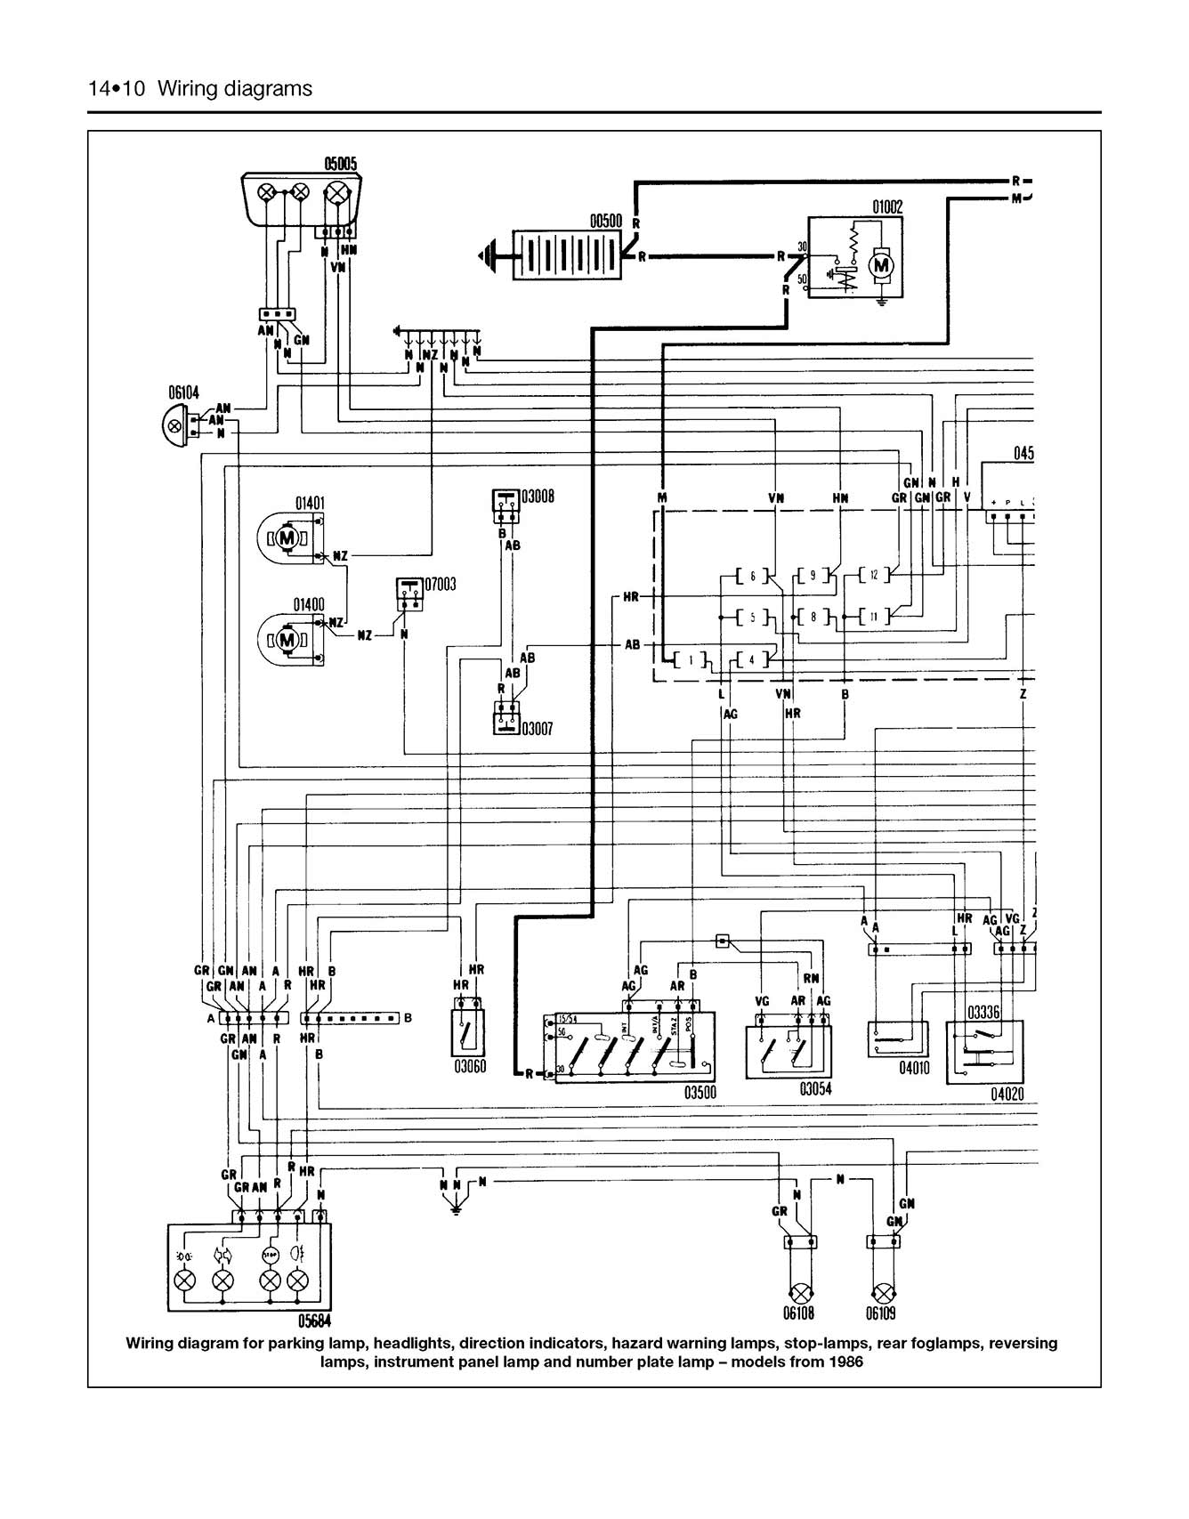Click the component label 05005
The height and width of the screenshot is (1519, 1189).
(x=340, y=164)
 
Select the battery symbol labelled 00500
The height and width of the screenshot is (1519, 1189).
(x=568, y=255)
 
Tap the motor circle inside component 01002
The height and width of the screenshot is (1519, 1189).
(x=881, y=265)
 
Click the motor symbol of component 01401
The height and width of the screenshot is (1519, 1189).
(x=287, y=538)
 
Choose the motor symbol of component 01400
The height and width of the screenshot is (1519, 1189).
(x=287, y=639)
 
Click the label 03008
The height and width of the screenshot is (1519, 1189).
(x=538, y=496)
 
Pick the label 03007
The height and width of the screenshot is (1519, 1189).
(x=537, y=730)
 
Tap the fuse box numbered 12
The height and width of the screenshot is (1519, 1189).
(x=874, y=576)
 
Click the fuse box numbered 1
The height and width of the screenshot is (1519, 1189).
(x=691, y=660)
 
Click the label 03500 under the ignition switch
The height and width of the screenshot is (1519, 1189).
(x=700, y=1093)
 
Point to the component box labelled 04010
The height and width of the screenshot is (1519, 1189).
(x=897, y=1038)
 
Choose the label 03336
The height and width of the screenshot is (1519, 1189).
(x=983, y=1013)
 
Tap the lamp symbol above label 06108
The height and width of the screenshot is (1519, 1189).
(x=799, y=1292)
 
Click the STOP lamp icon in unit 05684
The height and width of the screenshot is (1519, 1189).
(x=271, y=1255)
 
